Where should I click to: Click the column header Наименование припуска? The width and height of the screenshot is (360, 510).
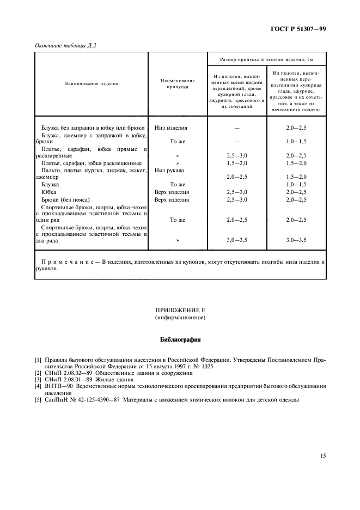tap(178, 83)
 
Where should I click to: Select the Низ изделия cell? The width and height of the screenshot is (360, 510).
tap(171, 128)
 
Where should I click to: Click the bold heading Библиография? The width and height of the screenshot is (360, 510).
tap(180, 339)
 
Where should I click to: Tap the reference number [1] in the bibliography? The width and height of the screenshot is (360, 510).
tap(38, 360)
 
